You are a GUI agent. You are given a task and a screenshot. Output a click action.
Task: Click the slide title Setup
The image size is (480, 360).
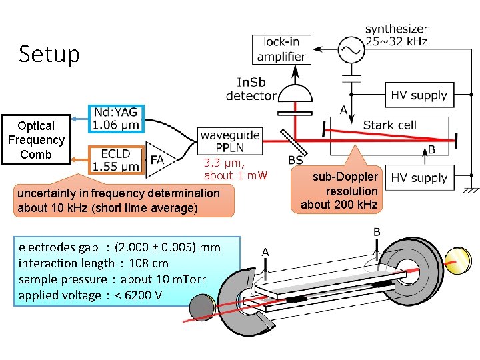(49, 54)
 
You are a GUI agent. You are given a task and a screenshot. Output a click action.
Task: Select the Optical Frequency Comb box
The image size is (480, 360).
(36, 140)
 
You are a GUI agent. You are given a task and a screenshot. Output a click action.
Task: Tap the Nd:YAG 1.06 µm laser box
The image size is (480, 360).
(116, 118)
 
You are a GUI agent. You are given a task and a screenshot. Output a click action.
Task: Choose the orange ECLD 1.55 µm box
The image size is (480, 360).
(116, 160)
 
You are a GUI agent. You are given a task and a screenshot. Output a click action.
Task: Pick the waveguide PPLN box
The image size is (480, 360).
(229, 141)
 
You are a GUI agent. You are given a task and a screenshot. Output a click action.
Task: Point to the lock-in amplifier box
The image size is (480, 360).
(281, 49)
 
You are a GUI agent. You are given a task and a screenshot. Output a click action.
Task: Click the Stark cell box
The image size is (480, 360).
(389, 125)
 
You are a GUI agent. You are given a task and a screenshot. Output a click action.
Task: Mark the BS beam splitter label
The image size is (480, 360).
(295, 160)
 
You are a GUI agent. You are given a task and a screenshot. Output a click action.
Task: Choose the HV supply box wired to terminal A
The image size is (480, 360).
(419, 95)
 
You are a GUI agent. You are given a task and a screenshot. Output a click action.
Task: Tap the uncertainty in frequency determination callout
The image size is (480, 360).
(118, 200)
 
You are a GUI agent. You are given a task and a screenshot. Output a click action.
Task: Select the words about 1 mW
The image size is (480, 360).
(235, 175)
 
